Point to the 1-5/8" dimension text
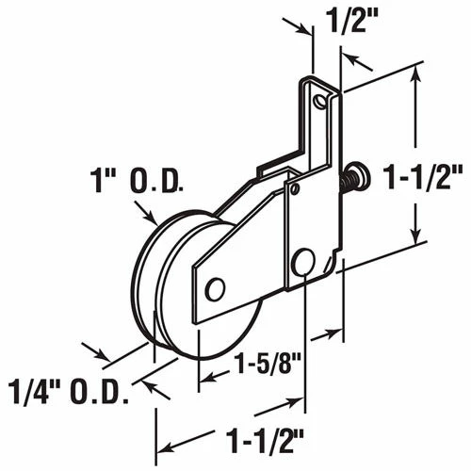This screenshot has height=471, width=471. click(266, 363)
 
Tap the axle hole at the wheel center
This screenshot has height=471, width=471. click(215, 288)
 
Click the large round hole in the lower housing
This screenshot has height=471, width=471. click(304, 261)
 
